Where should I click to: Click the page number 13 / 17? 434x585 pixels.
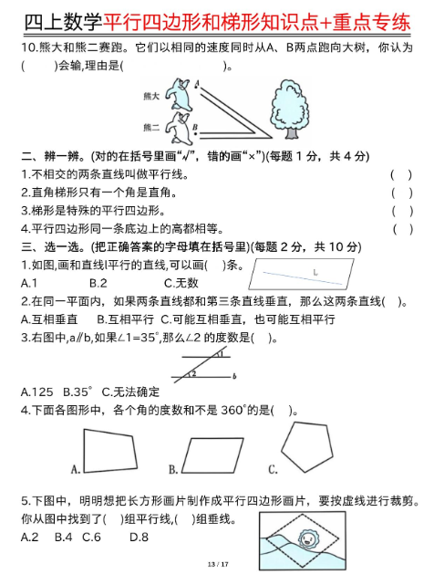(x=216, y=566)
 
